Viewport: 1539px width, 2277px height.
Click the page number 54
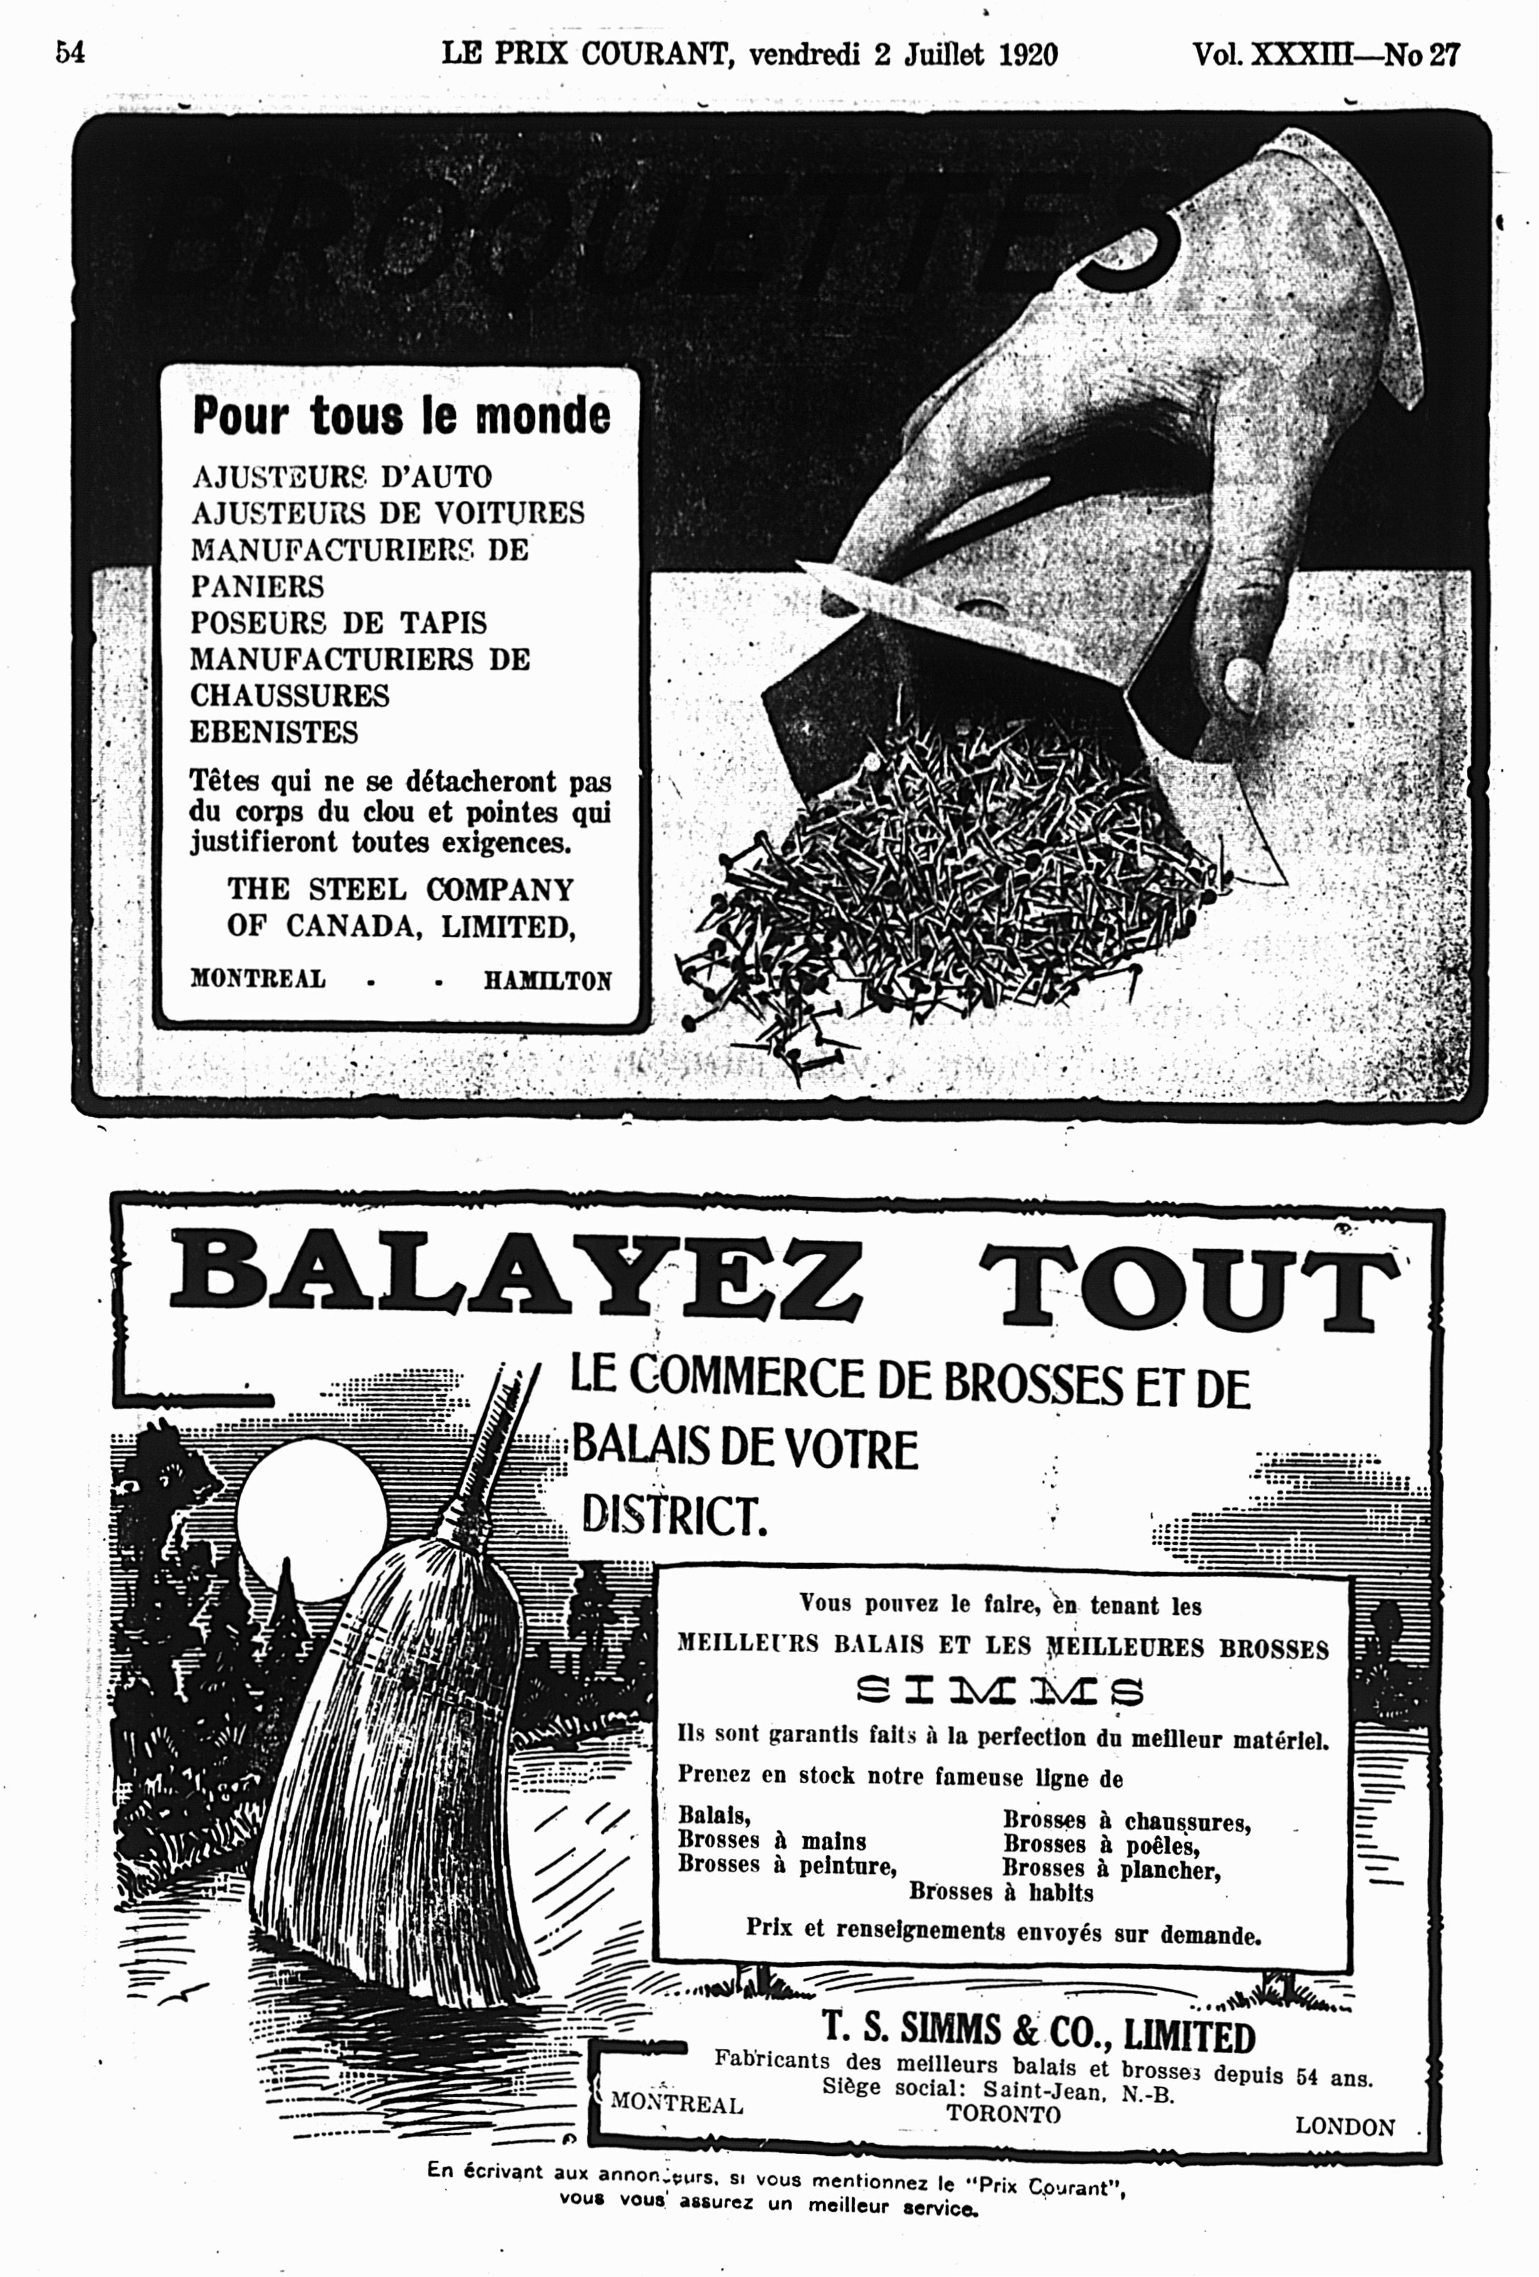pyautogui.click(x=70, y=52)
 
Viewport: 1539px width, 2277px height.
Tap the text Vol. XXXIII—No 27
pyautogui.click(x=1325, y=54)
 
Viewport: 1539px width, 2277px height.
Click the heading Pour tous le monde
pyautogui.click(x=402, y=415)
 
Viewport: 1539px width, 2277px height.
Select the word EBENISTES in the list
pyautogui.click(x=275, y=732)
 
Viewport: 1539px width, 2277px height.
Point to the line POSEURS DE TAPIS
pyautogui.click(x=338, y=623)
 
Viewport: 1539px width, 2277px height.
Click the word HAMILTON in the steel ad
pyautogui.click(x=548, y=981)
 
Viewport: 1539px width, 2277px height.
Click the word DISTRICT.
pyautogui.click(x=674, y=1516)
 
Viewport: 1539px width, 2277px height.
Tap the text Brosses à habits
pyautogui.click(x=1001, y=1892)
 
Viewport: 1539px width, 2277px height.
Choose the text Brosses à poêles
pyautogui.click(x=1101, y=1846)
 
